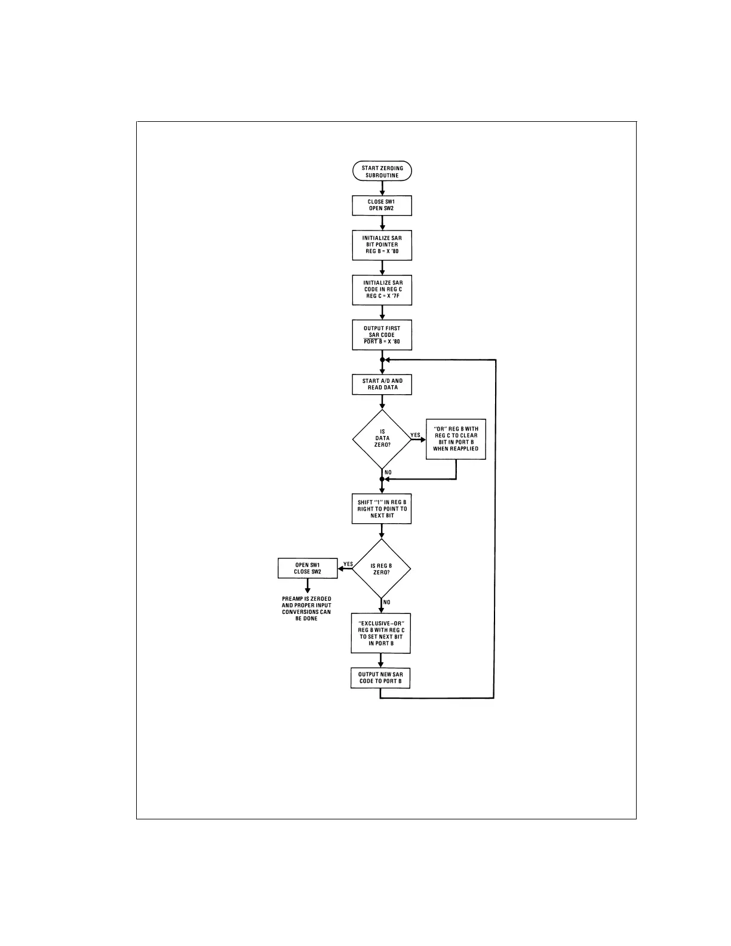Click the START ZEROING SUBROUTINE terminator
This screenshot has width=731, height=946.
[x=382, y=171]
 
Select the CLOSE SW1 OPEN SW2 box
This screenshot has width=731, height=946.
[x=382, y=205]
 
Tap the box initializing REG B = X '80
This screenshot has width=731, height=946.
[x=382, y=245]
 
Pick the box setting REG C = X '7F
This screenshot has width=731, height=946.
[x=382, y=289]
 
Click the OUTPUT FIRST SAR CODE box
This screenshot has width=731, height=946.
[x=382, y=335]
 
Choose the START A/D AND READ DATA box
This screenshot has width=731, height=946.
[x=382, y=384]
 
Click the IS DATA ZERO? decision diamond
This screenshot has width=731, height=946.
[x=382, y=439]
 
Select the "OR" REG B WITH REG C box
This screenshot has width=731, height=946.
[x=456, y=439]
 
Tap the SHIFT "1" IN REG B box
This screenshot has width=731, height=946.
[x=382, y=509]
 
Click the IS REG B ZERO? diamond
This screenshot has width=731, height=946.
[x=382, y=569]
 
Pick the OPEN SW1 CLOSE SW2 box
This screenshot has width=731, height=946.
[x=308, y=568]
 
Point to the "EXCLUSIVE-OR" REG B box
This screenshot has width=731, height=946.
[x=382, y=633]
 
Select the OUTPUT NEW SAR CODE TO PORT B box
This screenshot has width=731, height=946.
[x=380, y=678]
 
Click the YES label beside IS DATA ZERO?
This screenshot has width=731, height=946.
[x=416, y=435]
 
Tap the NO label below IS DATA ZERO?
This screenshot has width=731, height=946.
[x=388, y=472]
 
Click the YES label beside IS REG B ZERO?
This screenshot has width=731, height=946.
[x=348, y=564]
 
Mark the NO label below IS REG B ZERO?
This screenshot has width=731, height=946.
[x=387, y=602]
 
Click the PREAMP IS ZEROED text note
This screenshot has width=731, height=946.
[x=306, y=608]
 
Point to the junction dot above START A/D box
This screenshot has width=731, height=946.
[x=382, y=360]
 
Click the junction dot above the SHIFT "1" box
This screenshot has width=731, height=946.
[x=382, y=479]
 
